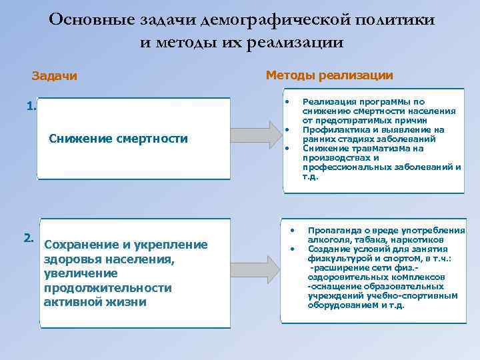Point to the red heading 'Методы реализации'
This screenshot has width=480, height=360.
[x=329, y=75]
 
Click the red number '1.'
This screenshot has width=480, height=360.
[x=31, y=105]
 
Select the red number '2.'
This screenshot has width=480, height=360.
[x=29, y=237]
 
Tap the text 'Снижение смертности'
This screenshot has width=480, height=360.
[x=119, y=139]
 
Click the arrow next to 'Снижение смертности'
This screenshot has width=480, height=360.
[x=257, y=136]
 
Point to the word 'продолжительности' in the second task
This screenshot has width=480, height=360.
[x=107, y=287]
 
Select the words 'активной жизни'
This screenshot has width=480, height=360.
[x=95, y=301]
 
